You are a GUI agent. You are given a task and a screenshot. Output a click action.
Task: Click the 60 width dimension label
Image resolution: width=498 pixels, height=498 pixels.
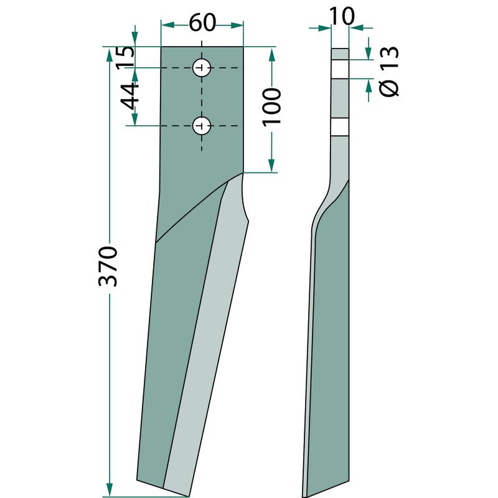pyautogui.click(x=202, y=23)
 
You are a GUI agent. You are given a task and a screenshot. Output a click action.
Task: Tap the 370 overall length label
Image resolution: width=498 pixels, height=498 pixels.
pyautogui.click(x=108, y=266)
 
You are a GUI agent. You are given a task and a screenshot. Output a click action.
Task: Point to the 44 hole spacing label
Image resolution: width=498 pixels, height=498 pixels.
pyautogui.click(x=129, y=96)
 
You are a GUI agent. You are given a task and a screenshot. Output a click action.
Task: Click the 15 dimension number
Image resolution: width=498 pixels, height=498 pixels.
pyautogui.click(x=125, y=57)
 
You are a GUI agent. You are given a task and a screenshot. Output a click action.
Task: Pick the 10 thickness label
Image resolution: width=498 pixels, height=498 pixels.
pyautogui.click(x=342, y=16)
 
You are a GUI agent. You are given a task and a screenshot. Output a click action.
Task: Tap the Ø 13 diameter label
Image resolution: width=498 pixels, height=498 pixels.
pyautogui.click(x=389, y=72)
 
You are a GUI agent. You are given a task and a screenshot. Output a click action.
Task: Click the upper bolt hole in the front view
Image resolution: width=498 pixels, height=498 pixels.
pyautogui.click(x=202, y=68)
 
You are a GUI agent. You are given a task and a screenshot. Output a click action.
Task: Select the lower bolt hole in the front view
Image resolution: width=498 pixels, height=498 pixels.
pyautogui.click(x=202, y=126)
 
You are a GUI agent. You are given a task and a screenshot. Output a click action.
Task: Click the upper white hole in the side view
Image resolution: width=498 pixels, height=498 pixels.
pyautogui.click(x=340, y=69)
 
